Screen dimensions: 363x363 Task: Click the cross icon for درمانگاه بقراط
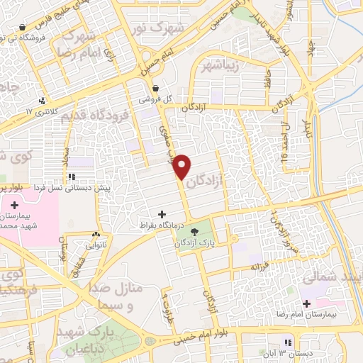pos(162,213)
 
